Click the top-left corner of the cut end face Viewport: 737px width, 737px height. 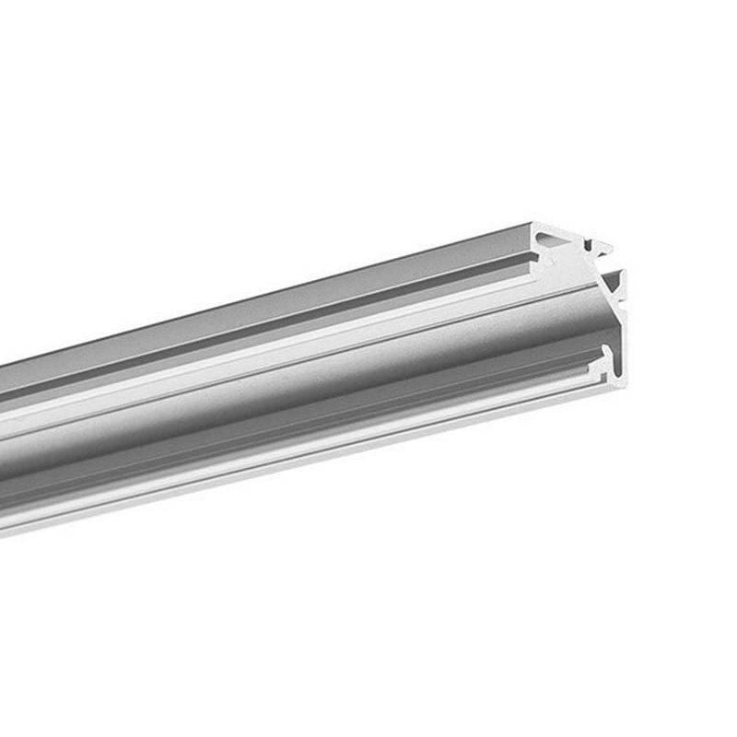tap(535, 224)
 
